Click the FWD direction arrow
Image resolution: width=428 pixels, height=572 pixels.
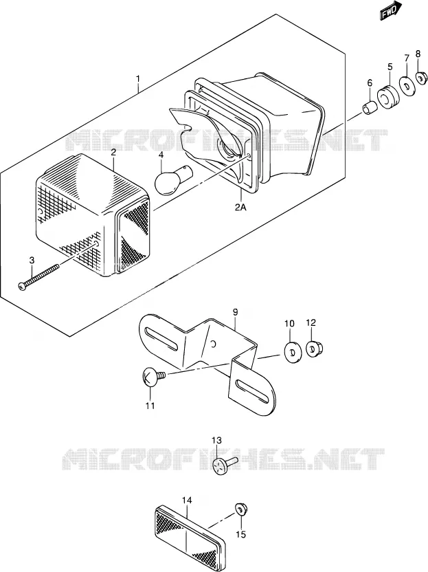(390, 10)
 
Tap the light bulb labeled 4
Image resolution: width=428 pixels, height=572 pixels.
(172, 179)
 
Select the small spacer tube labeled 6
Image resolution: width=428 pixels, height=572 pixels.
(369, 108)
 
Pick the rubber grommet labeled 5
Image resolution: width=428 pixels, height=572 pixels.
(387, 97)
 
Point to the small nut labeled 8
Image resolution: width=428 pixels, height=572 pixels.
(421, 77)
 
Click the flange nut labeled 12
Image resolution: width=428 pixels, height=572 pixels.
(313, 349)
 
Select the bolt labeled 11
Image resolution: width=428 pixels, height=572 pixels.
(153, 376)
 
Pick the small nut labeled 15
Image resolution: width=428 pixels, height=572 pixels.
(240, 509)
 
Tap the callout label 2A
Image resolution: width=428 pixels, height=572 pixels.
(240, 208)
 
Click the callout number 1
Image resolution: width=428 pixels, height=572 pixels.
(138, 78)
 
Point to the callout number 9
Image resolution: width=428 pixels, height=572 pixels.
(235, 312)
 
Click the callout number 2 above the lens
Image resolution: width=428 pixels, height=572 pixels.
(113, 152)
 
